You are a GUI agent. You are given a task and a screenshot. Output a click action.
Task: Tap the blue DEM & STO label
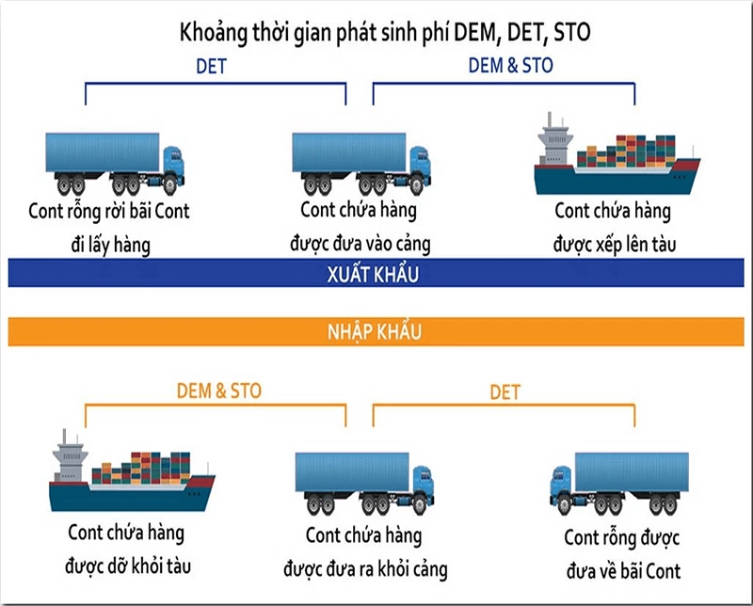click(x=511, y=66)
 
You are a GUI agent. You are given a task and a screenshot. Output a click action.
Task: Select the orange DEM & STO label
click(x=219, y=391)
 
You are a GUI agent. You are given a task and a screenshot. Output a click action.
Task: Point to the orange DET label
click(x=505, y=391)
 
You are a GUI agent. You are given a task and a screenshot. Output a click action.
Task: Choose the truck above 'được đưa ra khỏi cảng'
click(x=364, y=481)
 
